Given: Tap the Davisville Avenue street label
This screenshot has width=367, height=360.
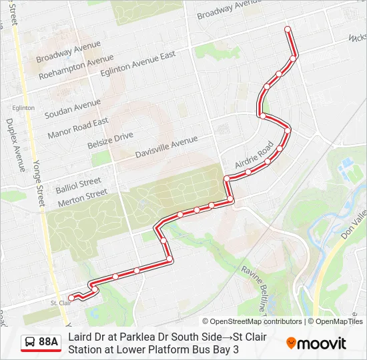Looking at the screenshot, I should [x=166, y=147].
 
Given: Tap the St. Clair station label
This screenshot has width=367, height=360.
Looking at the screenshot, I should [x=60, y=303].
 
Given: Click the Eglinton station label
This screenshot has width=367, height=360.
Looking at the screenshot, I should [x=23, y=107].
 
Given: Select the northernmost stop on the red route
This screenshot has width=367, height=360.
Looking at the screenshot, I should [x=288, y=29].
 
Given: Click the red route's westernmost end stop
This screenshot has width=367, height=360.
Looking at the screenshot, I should [x=71, y=297].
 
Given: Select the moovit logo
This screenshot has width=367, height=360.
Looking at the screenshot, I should [x=316, y=343].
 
